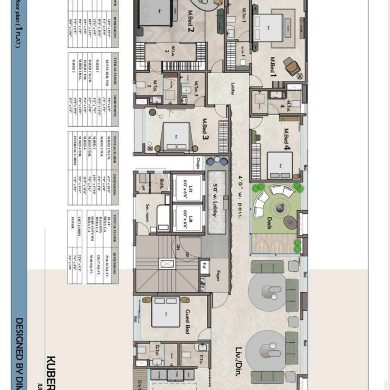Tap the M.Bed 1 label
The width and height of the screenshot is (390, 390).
[x=273, y=66]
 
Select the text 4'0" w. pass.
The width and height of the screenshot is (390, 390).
[x=240, y=196]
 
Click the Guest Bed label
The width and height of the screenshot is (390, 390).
[x=187, y=321]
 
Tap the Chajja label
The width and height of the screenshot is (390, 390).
[x=199, y=162]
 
